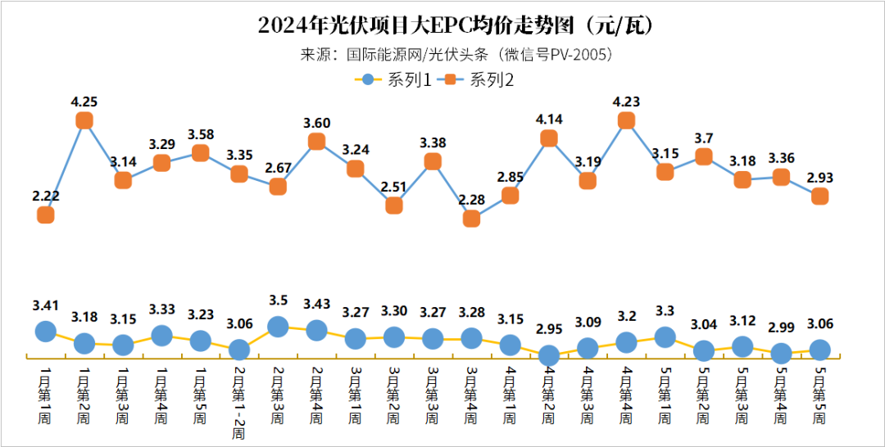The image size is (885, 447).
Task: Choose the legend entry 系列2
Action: point(479,79)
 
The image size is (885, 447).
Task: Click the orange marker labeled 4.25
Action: point(84,120)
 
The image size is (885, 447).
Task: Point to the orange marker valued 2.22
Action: point(46,214)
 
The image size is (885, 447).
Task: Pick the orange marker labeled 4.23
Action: point(626,120)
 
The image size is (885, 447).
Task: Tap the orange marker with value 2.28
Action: point(471,219)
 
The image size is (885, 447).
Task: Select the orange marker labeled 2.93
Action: point(819,196)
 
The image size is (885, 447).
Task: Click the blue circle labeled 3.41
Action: point(46,331)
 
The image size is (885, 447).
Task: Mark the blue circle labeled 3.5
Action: point(278,327)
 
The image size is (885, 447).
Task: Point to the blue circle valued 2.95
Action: point(549,355)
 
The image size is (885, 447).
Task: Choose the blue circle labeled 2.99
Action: point(781,354)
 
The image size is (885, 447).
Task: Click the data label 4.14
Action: point(549,120)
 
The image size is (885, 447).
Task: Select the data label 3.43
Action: point(316,305)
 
